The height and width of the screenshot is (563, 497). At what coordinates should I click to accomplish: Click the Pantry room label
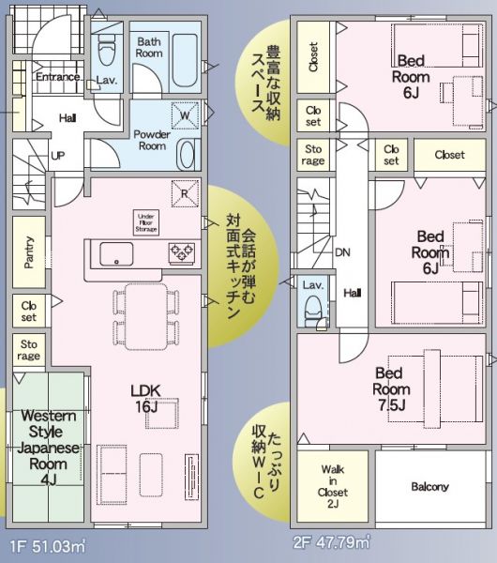click(29, 252)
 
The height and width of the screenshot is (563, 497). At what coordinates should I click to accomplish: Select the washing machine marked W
click(185, 115)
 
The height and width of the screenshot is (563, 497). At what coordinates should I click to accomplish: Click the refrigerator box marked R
click(185, 194)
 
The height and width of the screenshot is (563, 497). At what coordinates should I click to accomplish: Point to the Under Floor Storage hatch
click(146, 222)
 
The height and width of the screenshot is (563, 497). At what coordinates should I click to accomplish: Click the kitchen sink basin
click(116, 254)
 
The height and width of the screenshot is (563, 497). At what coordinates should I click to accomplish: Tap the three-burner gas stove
click(182, 251)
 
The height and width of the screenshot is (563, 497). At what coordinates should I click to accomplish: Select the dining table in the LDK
click(146, 316)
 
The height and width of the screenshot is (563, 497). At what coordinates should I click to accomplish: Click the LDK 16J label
click(145, 399)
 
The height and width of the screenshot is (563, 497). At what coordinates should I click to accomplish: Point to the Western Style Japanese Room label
click(48, 448)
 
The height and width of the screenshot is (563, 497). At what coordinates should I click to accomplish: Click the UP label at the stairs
click(57, 156)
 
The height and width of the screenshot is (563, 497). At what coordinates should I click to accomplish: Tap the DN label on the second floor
click(342, 252)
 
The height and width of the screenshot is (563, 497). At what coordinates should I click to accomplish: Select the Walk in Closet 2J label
click(333, 486)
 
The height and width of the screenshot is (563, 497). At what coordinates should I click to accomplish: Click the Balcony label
click(429, 487)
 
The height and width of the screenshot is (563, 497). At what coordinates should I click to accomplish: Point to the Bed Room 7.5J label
click(391, 389)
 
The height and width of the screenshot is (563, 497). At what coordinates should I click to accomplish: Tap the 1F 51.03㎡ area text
click(48, 547)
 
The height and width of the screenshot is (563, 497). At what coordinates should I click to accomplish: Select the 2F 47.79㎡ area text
click(331, 542)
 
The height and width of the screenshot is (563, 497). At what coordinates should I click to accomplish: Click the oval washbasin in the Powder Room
click(187, 155)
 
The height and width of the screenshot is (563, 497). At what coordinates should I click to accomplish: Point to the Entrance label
click(57, 77)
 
